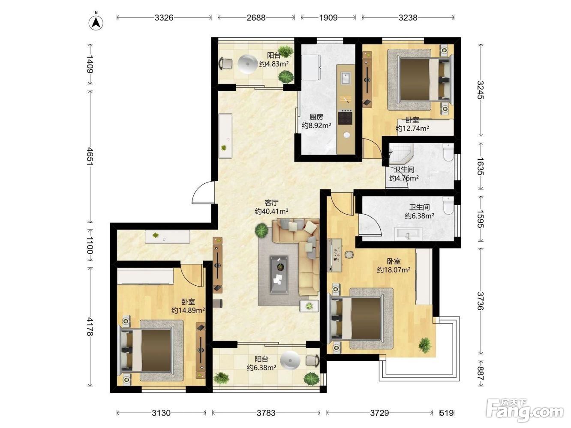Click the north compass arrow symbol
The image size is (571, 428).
click(96, 23)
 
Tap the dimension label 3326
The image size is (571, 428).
click(164, 18)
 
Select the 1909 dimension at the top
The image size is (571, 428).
click(328, 18)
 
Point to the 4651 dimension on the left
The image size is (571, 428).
click(90, 156)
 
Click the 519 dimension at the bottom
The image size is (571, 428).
click(447, 413)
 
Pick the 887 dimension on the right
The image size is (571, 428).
click(481, 373)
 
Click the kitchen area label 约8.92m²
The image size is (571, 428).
click(316, 126)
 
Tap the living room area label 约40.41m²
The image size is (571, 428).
click(271, 211)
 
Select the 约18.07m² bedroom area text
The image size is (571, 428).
click(394, 270)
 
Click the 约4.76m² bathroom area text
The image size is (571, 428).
click(404, 178)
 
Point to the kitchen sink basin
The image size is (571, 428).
click(346, 78)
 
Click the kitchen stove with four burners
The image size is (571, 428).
click(345, 117)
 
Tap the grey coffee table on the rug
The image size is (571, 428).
click(279, 275)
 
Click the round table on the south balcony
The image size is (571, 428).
click(290, 360)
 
